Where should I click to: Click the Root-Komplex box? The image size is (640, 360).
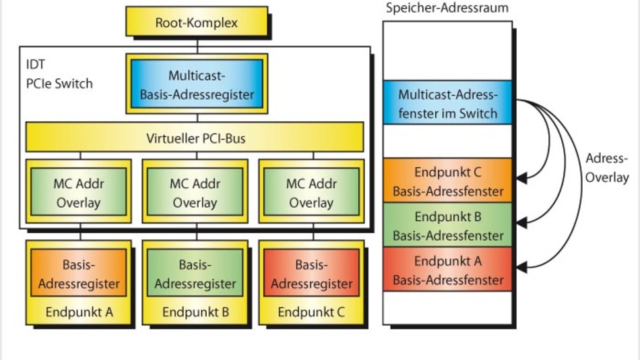point(196,23)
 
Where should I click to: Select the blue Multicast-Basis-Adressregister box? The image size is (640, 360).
point(197,84)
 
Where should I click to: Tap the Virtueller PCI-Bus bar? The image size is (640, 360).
point(195,140)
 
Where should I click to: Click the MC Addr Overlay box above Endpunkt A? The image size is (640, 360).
point(79,192)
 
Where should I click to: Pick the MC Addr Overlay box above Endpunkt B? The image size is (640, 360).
point(195,192)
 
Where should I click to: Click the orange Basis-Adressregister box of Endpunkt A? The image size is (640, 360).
point(79,274)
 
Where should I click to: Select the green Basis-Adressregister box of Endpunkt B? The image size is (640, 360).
point(195,274)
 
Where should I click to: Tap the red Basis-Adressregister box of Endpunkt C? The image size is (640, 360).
point(311,274)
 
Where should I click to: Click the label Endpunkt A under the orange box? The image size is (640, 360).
point(79,312)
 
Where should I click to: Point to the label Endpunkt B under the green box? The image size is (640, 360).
point(195,312)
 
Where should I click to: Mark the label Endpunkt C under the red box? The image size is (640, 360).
point(311,312)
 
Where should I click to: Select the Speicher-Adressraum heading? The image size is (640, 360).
point(447,8)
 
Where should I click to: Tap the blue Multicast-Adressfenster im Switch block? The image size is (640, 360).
point(447,103)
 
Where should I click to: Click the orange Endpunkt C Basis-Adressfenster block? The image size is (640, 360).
point(447,181)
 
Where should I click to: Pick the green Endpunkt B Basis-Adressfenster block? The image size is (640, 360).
point(447,226)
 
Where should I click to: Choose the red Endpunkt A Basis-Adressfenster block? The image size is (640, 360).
point(447,270)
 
